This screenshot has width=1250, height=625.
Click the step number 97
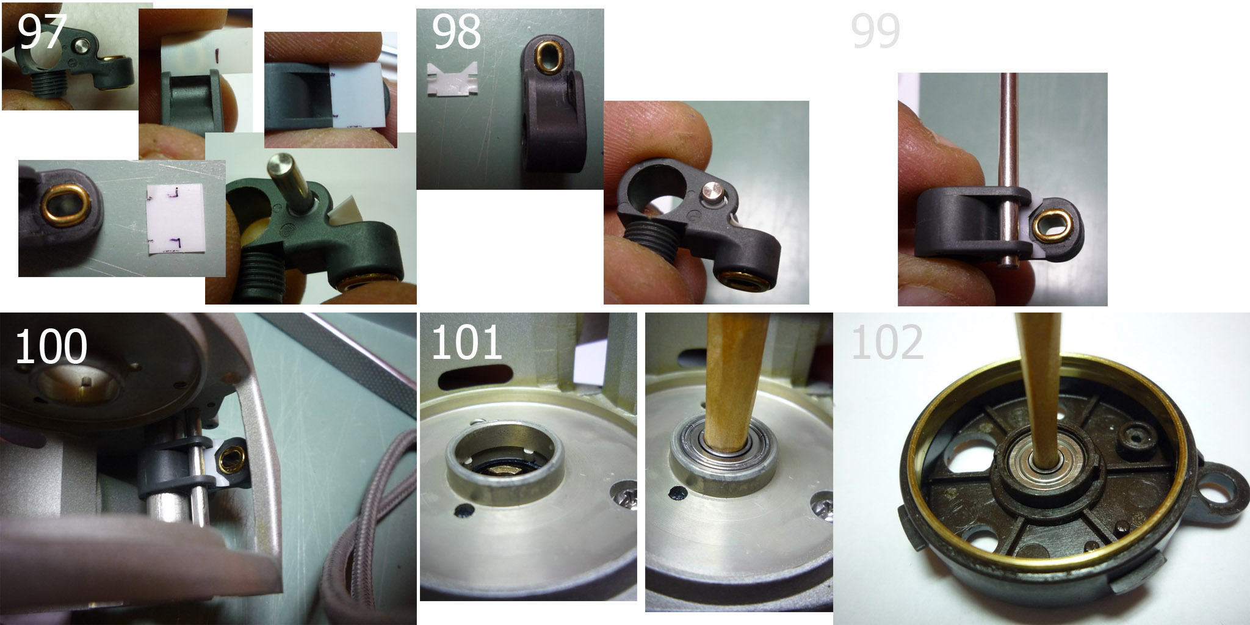coord(42,32)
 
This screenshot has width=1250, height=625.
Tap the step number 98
coord(457,32)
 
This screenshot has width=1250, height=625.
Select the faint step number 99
coord(875,32)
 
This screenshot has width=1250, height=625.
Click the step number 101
coord(466,342)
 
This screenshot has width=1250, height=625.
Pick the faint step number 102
coord(887,342)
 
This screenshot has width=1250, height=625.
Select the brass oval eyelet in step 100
coord(232,459)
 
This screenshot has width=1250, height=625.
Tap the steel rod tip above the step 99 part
coord(1009,77)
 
